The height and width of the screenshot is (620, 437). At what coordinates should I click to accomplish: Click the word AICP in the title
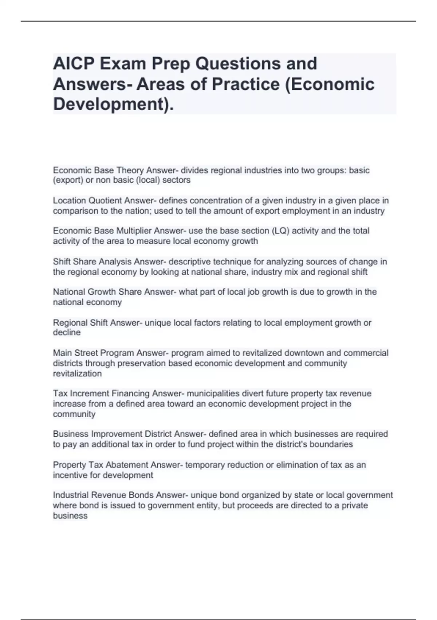pyautogui.click(x=73, y=64)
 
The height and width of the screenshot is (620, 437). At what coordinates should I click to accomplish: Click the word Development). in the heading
pyautogui.click(x=113, y=104)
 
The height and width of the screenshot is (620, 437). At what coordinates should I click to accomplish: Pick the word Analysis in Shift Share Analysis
pyautogui.click(x=115, y=262)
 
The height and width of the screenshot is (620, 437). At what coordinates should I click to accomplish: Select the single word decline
pyautogui.click(x=67, y=333)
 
